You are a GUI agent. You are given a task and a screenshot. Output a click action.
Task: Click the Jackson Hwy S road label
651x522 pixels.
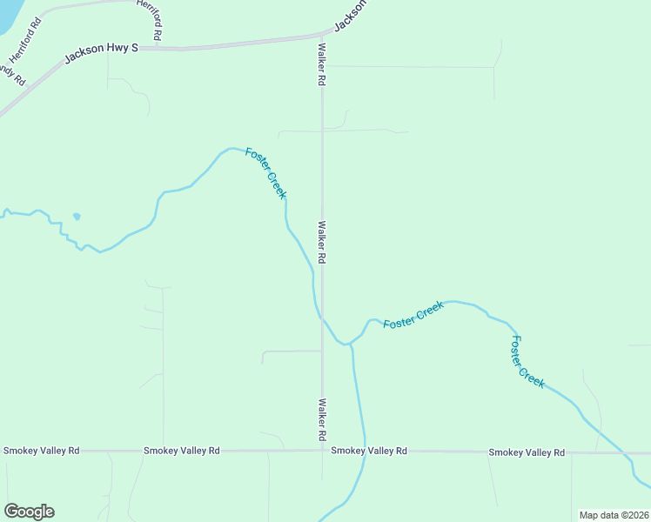[x=102, y=54]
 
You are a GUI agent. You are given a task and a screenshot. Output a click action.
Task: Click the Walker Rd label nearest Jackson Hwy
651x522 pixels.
[x=322, y=64]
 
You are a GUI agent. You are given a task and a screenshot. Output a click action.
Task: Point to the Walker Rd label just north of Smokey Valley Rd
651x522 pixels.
[x=322, y=418]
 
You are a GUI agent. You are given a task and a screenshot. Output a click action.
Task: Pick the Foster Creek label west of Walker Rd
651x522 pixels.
[x=265, y=172]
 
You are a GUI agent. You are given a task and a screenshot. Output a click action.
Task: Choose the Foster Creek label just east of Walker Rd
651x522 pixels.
[x=414, y=314]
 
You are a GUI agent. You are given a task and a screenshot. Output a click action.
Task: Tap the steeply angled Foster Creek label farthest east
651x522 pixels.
[x=527, y=362]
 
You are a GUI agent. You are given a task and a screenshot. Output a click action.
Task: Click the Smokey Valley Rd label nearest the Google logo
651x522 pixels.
[x=41, y=451]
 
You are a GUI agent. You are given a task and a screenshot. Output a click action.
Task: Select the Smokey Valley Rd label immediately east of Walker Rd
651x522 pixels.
[x=368, y=451]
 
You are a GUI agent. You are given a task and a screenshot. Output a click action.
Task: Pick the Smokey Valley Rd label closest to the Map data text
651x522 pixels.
[x=527, y=452]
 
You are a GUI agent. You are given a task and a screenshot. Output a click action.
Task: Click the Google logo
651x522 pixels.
[x=29, y=512]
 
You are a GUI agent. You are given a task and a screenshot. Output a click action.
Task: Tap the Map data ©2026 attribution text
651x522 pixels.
[x=614, y=515]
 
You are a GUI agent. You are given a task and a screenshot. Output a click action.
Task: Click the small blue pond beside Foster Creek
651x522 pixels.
[x=77, y=216]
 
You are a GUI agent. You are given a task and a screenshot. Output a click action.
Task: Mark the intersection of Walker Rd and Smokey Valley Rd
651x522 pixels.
[x=322, y=451]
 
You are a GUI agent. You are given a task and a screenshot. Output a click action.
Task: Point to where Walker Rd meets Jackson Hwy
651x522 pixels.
[x=322, y=37]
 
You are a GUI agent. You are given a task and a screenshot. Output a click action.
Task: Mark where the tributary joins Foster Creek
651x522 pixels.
[x=351, y=345]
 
